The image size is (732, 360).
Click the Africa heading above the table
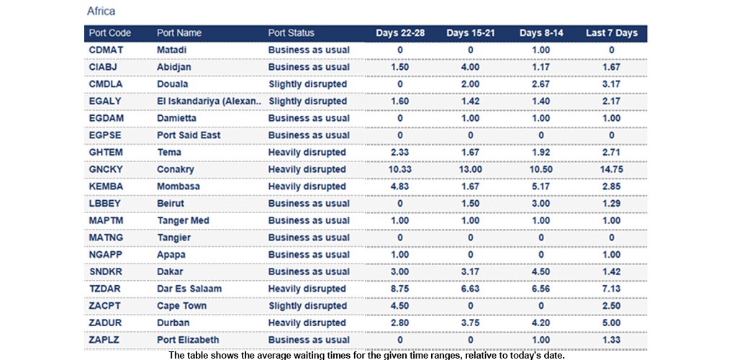101,12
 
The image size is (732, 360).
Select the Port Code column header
109,33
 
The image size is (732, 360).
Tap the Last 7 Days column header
611,33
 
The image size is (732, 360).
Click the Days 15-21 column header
470,33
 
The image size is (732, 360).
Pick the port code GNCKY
106,169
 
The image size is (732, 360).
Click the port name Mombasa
179,186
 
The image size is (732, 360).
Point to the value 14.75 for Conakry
611,169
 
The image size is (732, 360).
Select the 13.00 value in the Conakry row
470,169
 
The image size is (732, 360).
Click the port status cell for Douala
307,84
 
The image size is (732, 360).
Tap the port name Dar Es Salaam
189,289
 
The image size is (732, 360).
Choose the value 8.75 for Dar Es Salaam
399,289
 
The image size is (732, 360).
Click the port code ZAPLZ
105,340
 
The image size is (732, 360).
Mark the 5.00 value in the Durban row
611,323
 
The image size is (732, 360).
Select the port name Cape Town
181,306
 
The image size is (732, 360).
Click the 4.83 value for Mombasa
399,186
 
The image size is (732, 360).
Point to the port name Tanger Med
184,220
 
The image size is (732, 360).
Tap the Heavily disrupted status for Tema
307,153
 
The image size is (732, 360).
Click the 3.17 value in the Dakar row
470,271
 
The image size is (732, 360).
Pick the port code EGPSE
105,135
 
